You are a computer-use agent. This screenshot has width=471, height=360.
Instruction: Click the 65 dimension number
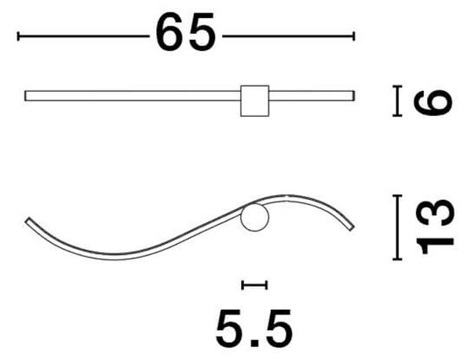click(x=185, y=32)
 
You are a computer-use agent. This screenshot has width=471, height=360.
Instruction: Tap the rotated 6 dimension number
click(x=433, y=102)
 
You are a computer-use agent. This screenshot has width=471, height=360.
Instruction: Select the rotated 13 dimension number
click(x=435, y=227)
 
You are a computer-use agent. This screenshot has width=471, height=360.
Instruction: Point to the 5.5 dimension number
click(x=254, y=328)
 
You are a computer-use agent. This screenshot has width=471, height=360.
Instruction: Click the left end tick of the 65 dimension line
click(x=18, y=36)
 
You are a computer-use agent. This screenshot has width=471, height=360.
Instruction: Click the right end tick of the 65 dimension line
click(x=355, y=36)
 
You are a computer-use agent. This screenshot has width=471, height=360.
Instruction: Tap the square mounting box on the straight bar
click(x=254, y=101)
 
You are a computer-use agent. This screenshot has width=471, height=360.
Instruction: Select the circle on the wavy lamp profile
click(x=254, y=217)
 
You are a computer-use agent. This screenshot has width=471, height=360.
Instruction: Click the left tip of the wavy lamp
click(x=27, y=220)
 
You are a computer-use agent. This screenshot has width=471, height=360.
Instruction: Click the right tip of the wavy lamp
click(x=352, y=228)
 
